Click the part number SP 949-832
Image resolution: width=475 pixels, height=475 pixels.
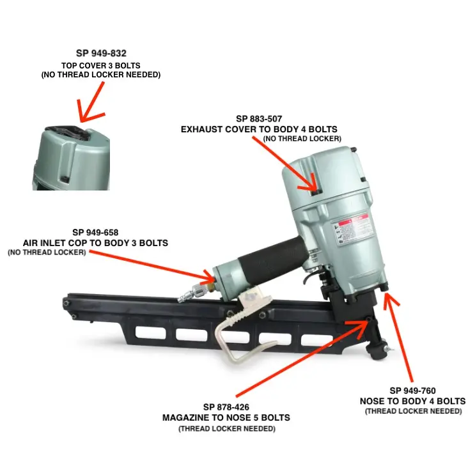tap(101, 53)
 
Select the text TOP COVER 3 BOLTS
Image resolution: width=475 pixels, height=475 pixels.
tap(101, 65)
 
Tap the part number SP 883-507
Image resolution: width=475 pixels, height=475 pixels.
tap(259, 119)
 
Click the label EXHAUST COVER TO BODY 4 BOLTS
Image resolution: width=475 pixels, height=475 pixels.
tap(259, 129)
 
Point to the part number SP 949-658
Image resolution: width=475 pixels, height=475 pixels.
tap(95, 232)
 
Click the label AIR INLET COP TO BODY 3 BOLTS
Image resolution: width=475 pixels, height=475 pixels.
tap(95, 243)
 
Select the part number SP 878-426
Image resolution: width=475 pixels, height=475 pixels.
tap(226, 407)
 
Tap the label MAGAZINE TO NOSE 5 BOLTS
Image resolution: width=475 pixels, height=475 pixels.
tap(226, 417)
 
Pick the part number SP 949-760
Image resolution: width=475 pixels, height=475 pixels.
tap(412, 391)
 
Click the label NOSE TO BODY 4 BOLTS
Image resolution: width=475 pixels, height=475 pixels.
tap(412, 401)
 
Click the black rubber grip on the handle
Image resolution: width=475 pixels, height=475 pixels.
tap(272, 258)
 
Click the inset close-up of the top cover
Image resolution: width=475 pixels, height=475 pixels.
tap(71, 158)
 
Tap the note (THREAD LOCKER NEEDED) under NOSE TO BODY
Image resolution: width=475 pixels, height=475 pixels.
tap(413, 411)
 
